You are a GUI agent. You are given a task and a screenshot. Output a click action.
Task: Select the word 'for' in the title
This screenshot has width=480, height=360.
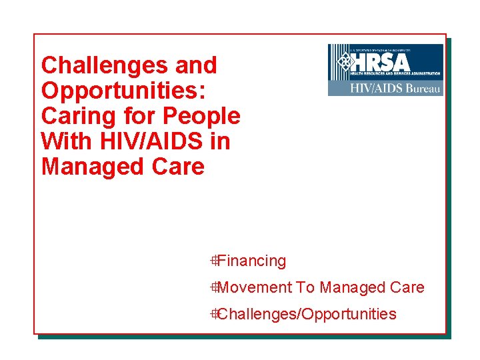[138, 116]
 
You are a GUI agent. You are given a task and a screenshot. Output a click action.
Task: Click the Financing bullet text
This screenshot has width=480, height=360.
[251, 261]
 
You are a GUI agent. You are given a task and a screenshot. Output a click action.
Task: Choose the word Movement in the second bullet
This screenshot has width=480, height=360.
[255, 287]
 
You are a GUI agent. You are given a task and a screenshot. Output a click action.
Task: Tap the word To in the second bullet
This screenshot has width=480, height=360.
[305, 287]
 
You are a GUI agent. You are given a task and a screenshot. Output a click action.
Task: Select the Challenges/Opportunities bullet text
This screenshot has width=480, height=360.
[307, 314]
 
